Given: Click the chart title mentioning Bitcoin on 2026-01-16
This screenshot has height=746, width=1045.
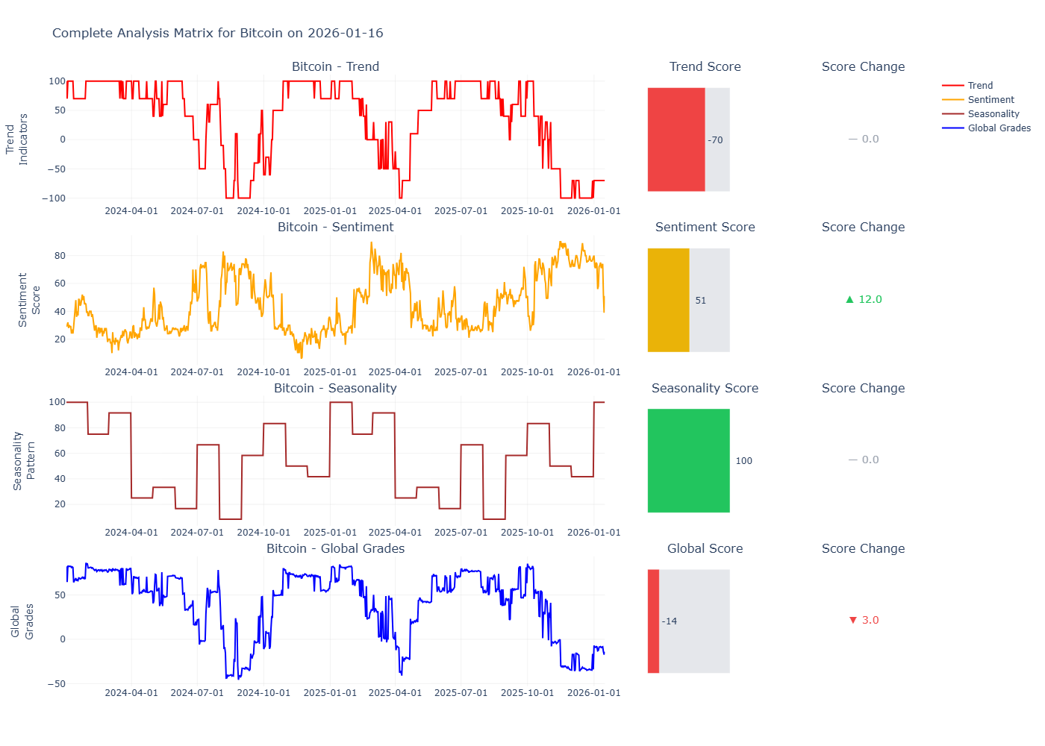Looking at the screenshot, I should click(x=217, y=33).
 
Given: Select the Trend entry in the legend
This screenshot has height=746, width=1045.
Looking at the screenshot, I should click(x=980, y=86).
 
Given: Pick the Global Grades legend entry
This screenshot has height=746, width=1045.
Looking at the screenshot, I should click(x=999, y=128).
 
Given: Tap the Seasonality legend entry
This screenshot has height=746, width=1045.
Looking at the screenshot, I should click(x=993, y=114).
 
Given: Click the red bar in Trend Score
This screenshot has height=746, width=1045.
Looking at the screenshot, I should click(x=676, y=140).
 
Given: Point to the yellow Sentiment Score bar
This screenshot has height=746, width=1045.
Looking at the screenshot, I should click(x=668, y=300).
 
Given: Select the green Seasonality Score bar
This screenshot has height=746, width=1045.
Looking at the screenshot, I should click(x=688, y=460).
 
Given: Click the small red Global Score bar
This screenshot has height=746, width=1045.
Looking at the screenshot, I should click(x=653, y=621).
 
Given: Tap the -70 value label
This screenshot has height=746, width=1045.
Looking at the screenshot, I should click(x=715, y=140).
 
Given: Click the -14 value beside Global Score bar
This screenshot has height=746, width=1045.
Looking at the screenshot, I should click(x=670, y=621).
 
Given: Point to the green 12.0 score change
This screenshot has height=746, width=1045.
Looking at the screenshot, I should click(x=864, y=299).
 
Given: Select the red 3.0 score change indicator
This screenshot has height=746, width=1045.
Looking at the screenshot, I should click(x=864, y=620).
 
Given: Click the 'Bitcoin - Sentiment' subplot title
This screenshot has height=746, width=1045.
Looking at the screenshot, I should click(x=335, y=228).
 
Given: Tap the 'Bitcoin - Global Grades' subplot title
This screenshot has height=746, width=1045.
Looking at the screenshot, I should click(x=335, y=549).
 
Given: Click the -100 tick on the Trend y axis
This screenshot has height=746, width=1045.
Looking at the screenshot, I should click(x=53, y=198).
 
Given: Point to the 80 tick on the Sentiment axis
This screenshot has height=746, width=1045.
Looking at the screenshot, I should click(x=60, y=256).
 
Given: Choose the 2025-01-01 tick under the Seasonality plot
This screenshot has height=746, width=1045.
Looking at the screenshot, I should click(x=330, y=533).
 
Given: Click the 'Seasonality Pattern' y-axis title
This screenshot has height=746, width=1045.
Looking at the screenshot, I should click(x=24, y=460).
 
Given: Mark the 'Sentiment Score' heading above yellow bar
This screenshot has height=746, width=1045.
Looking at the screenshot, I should click(x=705, y=228).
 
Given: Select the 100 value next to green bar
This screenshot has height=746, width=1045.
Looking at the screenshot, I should click(x=743, y=461).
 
